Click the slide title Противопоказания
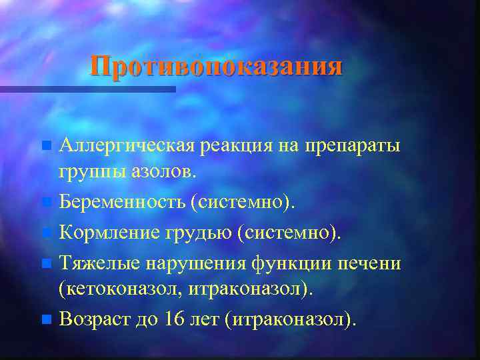tap(217, 66)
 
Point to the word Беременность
tap(121, 201)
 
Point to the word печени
tap(371, 263)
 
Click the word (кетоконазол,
tap(119, 290)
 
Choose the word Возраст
tap(91, 319)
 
